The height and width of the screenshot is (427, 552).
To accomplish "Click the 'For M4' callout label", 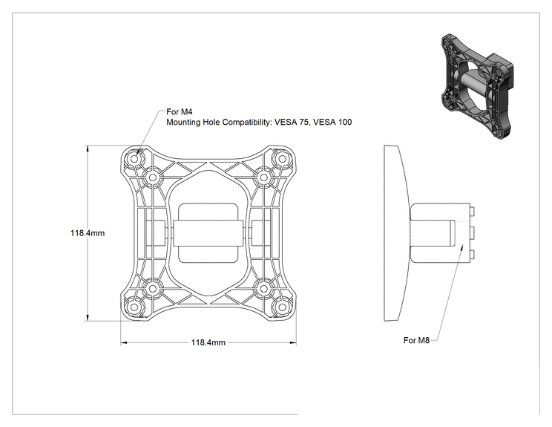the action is (180, 112).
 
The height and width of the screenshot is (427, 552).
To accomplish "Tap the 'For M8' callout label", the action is (416, 340).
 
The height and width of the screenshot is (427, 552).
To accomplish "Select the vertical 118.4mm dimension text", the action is (88, 233).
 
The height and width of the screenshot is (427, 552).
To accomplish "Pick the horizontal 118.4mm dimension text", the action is (208, 342).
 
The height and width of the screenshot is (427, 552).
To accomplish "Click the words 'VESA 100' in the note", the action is (332, 123).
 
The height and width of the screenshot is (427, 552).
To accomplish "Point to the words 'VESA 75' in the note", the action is (292, 123).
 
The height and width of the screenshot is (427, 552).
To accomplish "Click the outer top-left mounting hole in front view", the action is (134, 159).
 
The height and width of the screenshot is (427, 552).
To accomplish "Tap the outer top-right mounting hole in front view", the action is (282, 159).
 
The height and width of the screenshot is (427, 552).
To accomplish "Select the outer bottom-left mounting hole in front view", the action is (134, 307).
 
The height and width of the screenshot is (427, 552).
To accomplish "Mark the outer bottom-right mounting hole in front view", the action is (282, 307).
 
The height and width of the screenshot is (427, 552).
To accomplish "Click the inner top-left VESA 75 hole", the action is (152, 177).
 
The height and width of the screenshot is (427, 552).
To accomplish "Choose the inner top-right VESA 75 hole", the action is (263, 177).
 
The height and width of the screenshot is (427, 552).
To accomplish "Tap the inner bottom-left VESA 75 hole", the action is (152, 289).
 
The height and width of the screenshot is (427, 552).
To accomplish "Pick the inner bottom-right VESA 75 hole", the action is (263, 289).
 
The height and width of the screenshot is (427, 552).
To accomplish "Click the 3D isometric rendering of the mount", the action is (477, 86).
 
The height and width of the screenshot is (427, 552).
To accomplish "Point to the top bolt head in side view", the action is (473, 212).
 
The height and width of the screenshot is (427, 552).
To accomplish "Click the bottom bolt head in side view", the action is (473, 255).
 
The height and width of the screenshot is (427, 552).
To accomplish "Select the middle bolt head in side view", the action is (473, 233).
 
